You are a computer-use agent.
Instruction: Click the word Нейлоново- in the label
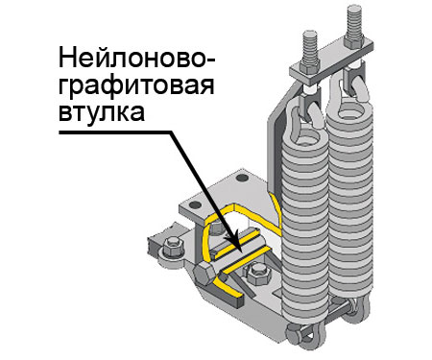[136, 58]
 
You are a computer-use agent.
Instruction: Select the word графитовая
[136, 85]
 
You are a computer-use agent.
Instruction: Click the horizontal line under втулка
[116, 132]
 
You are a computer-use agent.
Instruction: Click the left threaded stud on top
[309, 49]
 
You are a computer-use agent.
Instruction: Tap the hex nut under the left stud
[309, 66]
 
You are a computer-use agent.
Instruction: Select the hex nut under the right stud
[354, 40]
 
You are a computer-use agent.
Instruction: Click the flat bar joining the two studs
[331, 60]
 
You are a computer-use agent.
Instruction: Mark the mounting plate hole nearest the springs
[241, 178]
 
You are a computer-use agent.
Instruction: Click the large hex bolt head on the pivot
[204, 274]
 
